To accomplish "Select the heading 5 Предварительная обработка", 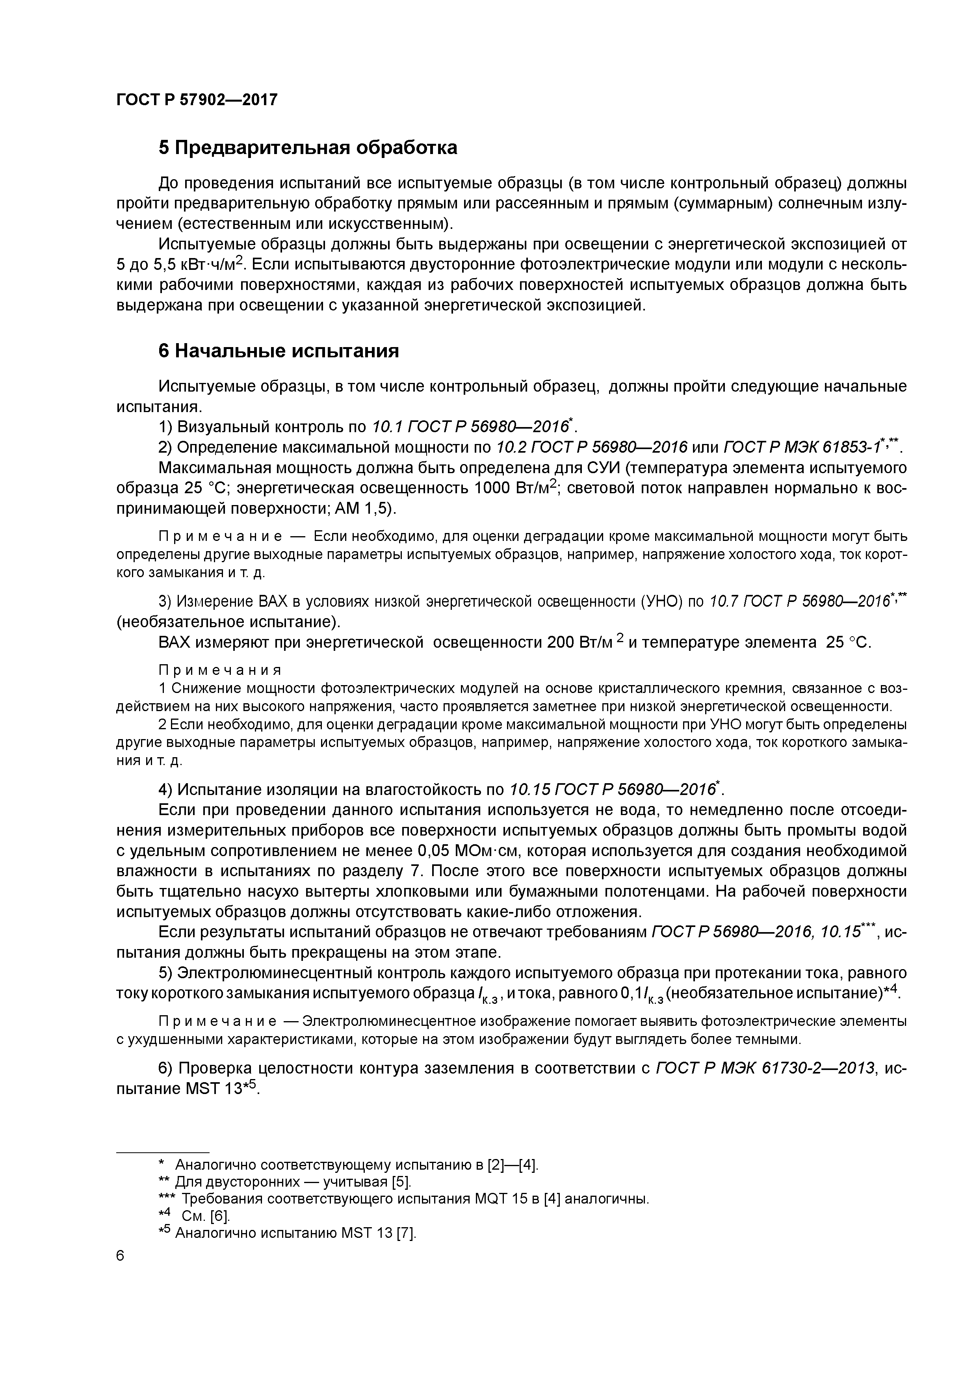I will point(308,147).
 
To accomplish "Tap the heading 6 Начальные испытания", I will point(278,350).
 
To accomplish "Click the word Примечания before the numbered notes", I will point(220,670).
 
